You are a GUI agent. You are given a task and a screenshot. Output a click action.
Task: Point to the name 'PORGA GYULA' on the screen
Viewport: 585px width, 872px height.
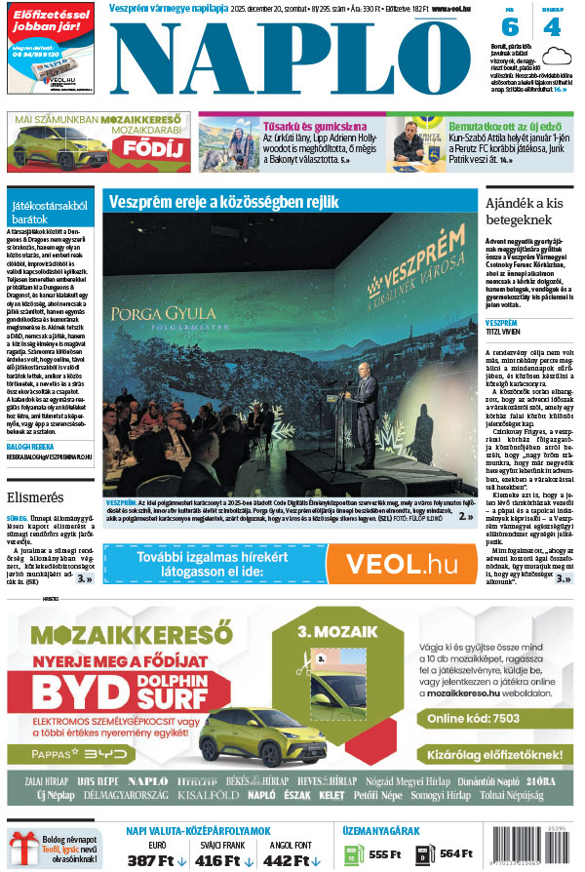160,317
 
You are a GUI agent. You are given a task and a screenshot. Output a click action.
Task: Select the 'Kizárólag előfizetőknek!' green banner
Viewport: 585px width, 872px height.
495,755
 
